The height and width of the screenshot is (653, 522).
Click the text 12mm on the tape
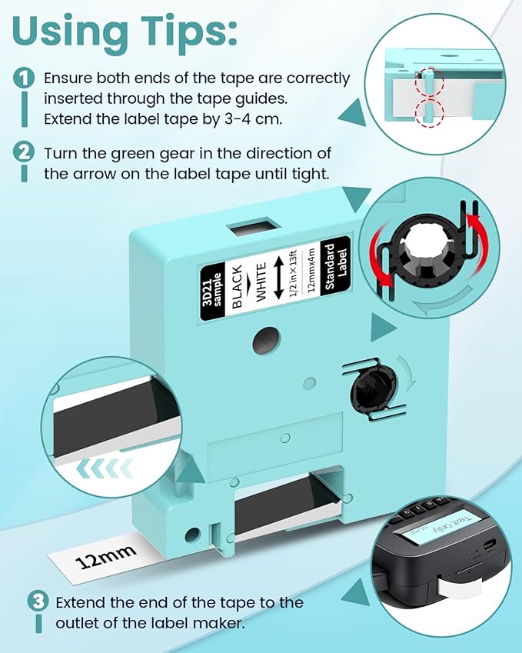click(x=107, y=553)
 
